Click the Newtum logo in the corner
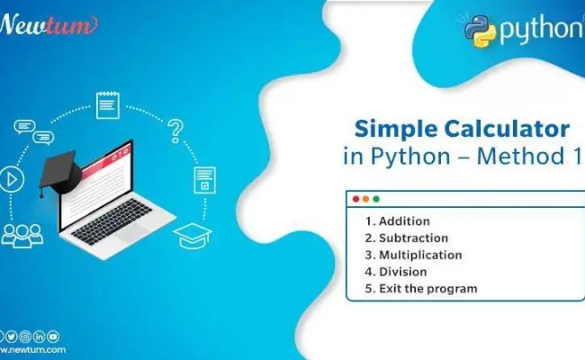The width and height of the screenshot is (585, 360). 47,24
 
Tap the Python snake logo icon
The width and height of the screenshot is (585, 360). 481,30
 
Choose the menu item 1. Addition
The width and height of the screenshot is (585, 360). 397,221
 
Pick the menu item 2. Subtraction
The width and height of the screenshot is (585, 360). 406,238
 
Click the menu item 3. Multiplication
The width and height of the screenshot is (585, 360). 413,255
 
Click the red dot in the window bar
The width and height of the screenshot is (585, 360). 355,199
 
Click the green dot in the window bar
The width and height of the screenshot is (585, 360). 376,199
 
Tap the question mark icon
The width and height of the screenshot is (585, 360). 176,131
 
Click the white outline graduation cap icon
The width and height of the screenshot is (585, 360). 192,234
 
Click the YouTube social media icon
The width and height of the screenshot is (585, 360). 53,336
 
